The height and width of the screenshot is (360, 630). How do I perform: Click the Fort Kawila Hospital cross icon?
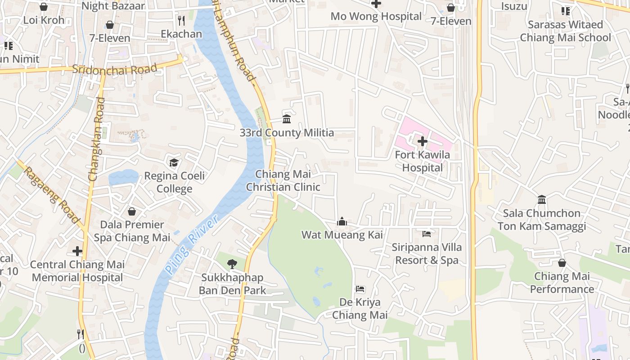click(x=422, y=141)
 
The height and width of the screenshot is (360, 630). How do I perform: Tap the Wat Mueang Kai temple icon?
click(x=342, y=221)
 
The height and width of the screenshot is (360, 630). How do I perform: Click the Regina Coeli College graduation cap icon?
click(x=174, y=162)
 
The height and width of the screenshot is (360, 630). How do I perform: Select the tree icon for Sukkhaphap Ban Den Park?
click(x=232, y=264)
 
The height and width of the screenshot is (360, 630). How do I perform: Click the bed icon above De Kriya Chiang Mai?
click(x=360, y=288)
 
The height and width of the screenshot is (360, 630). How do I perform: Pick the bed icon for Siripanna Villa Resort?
click(x=427, y=234)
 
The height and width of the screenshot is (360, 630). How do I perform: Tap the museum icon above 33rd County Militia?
click(x=287, y=119)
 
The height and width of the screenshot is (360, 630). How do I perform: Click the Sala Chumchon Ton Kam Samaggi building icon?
click(x=542, y=199)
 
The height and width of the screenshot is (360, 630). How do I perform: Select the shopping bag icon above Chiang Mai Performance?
click(x=562, y=263)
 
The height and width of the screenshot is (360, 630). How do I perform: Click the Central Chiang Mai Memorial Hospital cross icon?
click(x=77, y=251)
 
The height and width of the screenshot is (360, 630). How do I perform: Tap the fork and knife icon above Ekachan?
click(x=181, y=20)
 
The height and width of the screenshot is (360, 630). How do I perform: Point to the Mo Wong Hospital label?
click(x=376, y=16)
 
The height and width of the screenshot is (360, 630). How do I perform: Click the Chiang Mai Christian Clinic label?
click(x=283, y=180)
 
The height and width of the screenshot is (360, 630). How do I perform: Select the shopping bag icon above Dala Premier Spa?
click(x=132, y=211)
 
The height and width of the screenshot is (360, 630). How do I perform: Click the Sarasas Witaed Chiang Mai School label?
click(x=566, y=31)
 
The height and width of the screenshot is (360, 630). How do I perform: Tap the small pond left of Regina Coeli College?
click(x=123, y=177)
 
